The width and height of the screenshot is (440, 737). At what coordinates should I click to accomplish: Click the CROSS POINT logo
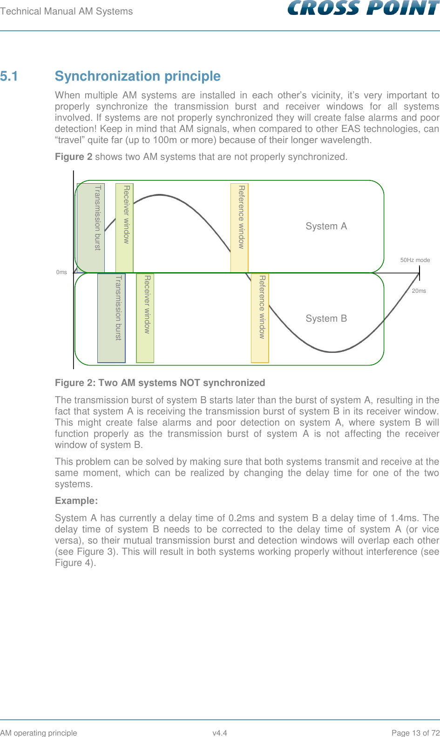click(363, 9)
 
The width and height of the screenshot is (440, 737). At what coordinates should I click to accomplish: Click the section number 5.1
click(9, 76)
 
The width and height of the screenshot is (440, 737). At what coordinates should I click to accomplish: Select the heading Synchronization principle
click(137, 76)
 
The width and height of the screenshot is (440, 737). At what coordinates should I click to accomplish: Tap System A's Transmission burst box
click(91, 227)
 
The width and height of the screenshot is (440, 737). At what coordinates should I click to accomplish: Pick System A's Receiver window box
click(124, 227)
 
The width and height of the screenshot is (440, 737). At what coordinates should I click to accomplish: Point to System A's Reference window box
click(239, 227)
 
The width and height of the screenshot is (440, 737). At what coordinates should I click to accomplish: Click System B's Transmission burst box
click(111, 317)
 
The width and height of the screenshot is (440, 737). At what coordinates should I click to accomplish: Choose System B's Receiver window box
click(145, 317)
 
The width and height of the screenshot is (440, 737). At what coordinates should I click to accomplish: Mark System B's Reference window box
click(260, 317)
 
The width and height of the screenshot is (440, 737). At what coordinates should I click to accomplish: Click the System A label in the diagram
click(326, 226)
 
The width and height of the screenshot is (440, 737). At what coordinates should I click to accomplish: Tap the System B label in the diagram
click(326, 318)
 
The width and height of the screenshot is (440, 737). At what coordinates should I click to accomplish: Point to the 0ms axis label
click(61, 272)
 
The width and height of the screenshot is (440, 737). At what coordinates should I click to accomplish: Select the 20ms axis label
click(419, 291)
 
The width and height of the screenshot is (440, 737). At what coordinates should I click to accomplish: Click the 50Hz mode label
click(415, 260)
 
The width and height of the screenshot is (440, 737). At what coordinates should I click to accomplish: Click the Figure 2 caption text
click(160, 383)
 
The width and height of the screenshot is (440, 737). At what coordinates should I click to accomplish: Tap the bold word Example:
click(76, 501)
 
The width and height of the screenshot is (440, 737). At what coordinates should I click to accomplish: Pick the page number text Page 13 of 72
click(415, 733)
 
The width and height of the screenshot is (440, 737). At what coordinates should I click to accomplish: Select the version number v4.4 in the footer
click(220, 733)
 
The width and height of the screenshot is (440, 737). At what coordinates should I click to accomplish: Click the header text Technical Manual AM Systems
click(67, 11)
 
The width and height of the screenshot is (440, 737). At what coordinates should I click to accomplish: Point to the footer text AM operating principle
click(39, 733)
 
